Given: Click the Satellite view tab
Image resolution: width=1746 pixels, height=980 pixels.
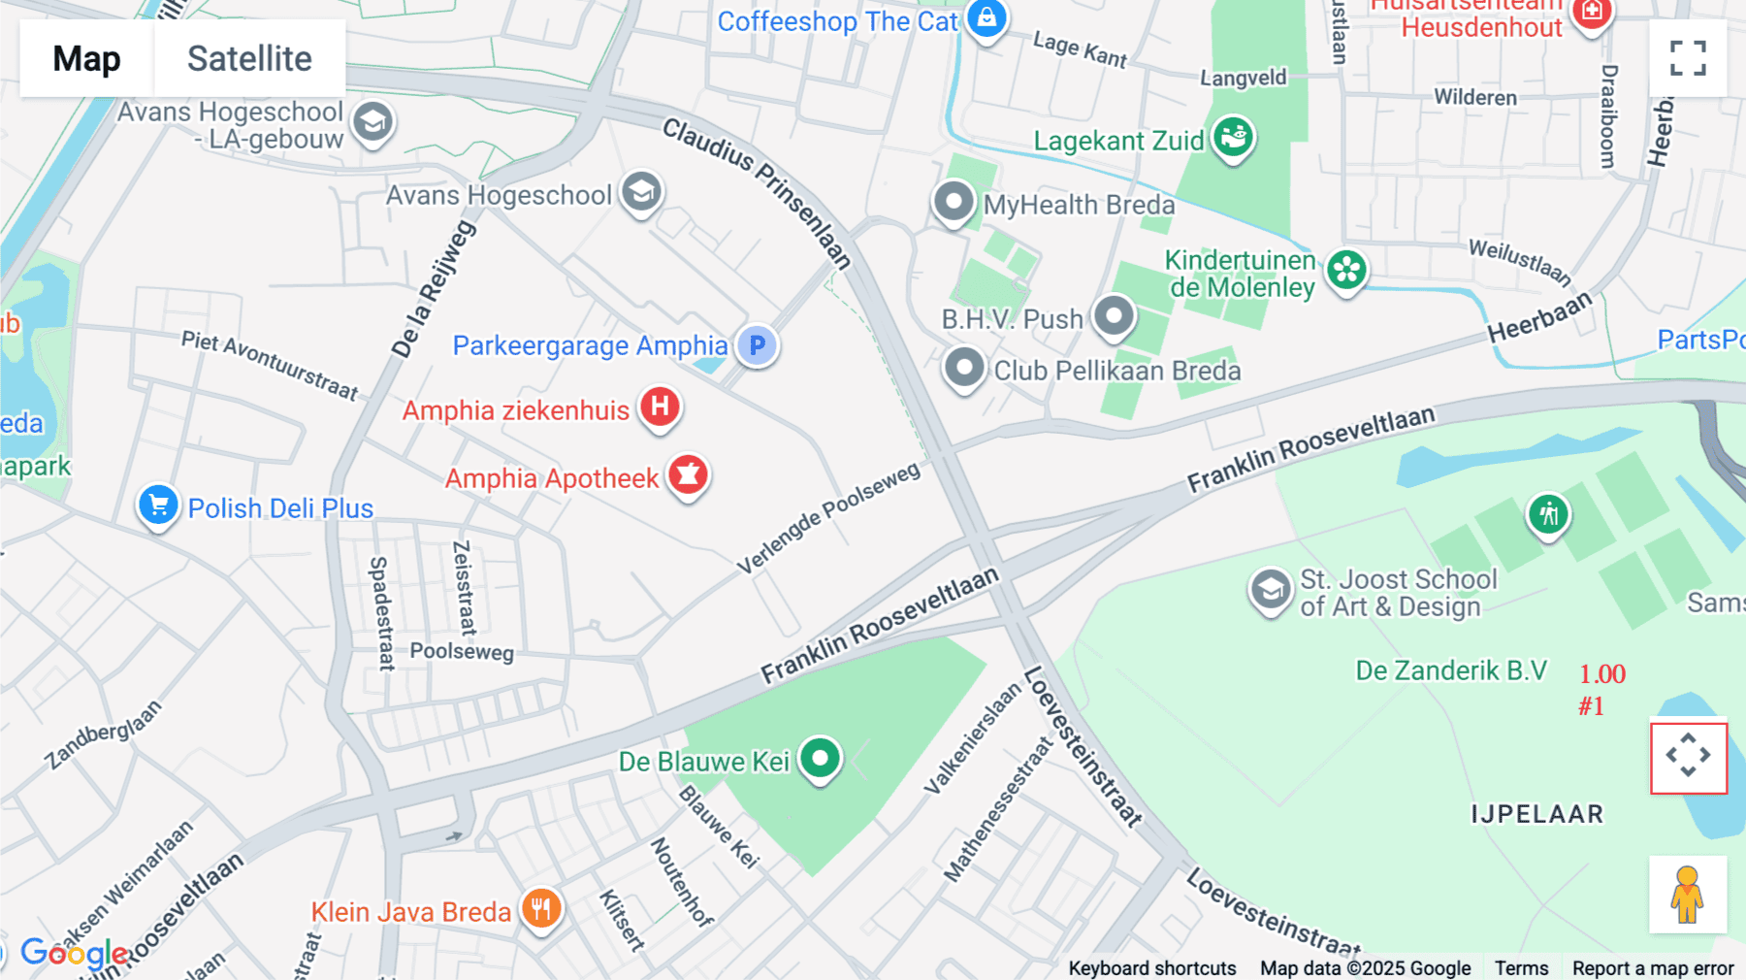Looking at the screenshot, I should click(x=249, y=58).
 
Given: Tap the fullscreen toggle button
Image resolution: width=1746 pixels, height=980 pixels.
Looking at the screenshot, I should click(x=1688, y=58).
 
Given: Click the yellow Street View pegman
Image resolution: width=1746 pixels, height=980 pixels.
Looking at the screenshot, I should click(x=1688, y=895).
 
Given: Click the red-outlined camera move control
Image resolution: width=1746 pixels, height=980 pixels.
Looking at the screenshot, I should click(x=1689, y=758).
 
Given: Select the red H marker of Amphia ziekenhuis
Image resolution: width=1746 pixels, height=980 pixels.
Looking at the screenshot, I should click(x=660, y=406).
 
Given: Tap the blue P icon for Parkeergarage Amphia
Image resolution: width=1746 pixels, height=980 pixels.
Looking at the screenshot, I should click(x=757, y=344).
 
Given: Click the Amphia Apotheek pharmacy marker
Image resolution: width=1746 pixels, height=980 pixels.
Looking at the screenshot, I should click(x=688, y=474).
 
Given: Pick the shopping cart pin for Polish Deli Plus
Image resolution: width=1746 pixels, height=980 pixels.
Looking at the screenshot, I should click(x=158, y=505).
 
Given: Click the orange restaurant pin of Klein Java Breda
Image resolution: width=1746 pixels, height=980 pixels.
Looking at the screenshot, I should click(x=541, y=909).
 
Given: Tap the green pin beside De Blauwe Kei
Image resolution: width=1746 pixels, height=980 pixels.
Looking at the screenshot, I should click(x=820, y=758).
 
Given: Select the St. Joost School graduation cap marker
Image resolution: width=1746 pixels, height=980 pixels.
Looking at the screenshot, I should click(x=1271, y=589).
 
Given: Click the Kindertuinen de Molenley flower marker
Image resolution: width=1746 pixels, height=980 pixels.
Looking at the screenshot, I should click(x=1346, y=271).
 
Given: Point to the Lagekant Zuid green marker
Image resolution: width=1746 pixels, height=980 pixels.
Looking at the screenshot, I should click(x=1233, y=138).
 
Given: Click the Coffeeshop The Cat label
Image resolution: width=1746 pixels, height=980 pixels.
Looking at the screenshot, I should click(x=836, y=21).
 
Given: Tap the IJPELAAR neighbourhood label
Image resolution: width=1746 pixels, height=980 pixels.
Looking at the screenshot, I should click(x=1536, y=814).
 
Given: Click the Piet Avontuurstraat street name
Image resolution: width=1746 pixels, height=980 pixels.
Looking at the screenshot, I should click(x=270, y=365).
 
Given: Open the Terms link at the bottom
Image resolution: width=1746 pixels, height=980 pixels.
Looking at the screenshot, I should click(x=1521, y=967).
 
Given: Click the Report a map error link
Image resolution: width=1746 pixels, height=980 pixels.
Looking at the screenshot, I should click(x=1652, y=967).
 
